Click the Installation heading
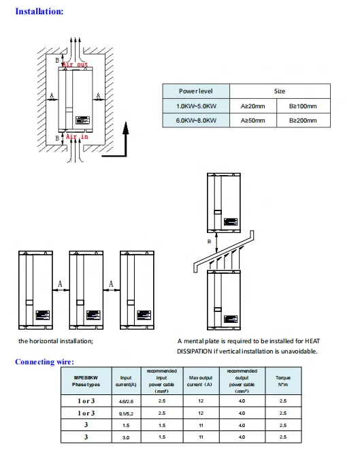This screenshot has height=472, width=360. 40,12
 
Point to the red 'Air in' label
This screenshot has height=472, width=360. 76,137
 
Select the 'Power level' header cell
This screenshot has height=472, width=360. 196,91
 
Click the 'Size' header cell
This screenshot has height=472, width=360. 280,91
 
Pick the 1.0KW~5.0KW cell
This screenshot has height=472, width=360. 196,106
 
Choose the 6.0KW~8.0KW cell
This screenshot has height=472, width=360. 196,121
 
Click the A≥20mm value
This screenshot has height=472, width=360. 253,106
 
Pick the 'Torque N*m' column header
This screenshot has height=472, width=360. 283,381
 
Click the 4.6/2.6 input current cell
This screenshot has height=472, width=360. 126,402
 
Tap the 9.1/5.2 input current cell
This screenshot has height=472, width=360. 126,413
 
